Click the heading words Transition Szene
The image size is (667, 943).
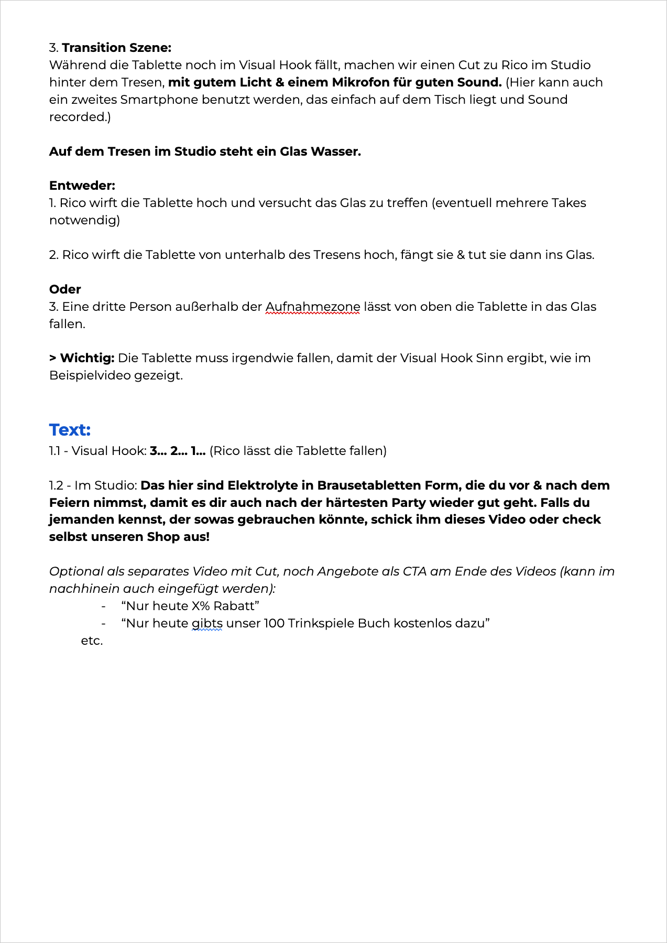tap(116, 48)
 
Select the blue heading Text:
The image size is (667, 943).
tap(70, 430)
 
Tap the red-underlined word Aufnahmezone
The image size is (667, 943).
tap(313, 307)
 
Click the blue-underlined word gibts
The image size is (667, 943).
tap(207, 623)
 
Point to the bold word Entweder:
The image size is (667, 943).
tap(82, 186)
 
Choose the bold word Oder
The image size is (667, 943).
tap(65, 289)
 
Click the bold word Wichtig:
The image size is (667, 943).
tap(87, 358)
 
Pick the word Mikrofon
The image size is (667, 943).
tap(360, 82)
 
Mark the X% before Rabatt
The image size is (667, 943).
tap(201, 606)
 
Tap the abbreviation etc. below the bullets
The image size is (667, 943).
tap(92, 641)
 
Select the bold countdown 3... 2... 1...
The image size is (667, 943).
tap(177, 451)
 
